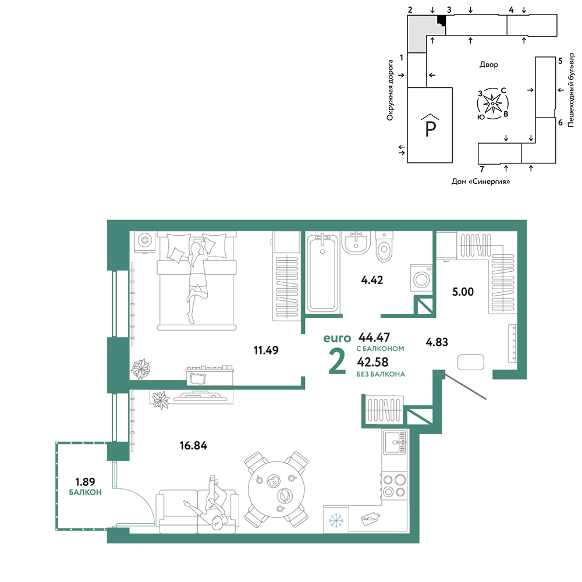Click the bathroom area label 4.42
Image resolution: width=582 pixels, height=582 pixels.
click(x=372, y=280)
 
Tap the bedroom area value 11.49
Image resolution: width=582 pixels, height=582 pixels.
click(x=266, y=350)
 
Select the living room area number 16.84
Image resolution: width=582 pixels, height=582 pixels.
click(x=193, y=445)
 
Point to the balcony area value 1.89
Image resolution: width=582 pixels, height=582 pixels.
click(x=85, y=482)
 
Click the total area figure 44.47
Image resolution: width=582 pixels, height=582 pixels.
click(x=374, y=337)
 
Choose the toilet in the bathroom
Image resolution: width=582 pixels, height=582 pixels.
click(x=384, y=246)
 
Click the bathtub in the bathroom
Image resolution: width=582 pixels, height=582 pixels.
click(x=322, y=273)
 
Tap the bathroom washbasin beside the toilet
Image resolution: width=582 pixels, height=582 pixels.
click(x=356, y=243)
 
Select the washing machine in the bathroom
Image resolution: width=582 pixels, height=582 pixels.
click(x=421, y=278)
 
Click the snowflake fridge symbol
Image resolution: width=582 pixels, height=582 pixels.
click(x=336, y=520)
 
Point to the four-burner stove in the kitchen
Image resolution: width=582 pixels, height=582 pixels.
click(x=395, y=486)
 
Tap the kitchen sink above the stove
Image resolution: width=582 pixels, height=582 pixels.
click(x=395, y=442)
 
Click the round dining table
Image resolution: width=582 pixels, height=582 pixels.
click(x=276, y=489)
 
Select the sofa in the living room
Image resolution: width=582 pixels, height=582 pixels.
click(x=197, y=511)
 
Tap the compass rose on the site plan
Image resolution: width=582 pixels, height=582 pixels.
click(x=492, y=104)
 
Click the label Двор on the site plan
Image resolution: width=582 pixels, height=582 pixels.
click(x=488, y=65)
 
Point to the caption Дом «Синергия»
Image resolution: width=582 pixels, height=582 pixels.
click(x=480, y=182)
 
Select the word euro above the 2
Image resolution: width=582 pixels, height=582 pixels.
click(x=337, y=338)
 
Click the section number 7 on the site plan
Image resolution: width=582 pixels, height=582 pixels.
click(x=482, y=169)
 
